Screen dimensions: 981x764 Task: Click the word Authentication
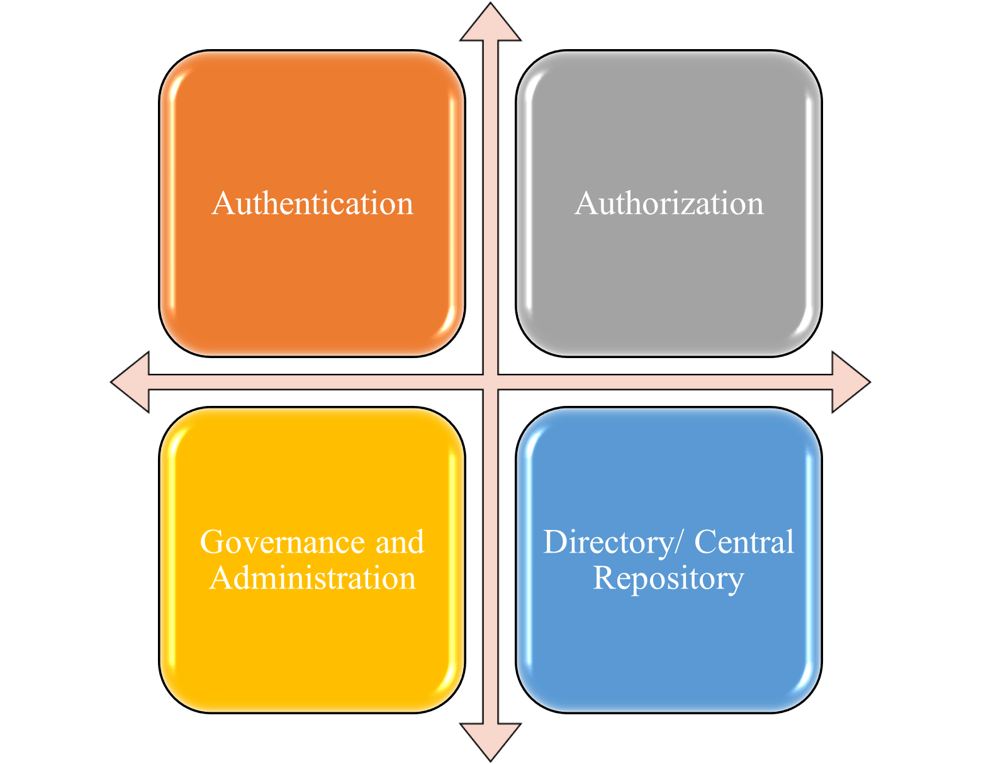pos(312,203)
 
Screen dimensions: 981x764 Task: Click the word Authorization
pos(669,203)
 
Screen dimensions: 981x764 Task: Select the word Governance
pos(282,542)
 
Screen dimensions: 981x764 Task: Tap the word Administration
pos(312,578)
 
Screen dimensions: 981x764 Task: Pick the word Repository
pos(669,580)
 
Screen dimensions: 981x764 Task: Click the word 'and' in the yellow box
pos(400,542)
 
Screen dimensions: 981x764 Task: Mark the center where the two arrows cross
pos(491,382)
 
